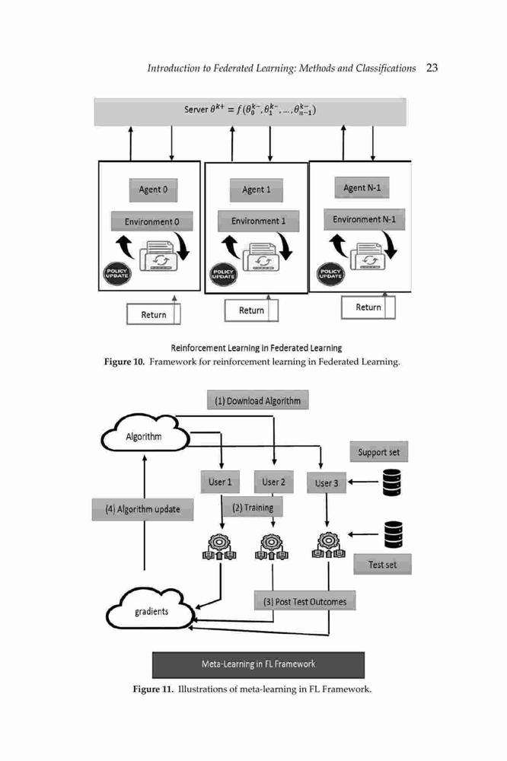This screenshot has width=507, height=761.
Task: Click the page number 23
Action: (x=432, y=68)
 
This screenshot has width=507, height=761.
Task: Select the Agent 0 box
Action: (x=154, y=189)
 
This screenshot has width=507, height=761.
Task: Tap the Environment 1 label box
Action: (x=258, y=221)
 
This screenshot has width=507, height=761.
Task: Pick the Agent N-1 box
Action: (x=362, y=188)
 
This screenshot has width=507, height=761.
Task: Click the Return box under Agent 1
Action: (x=251, y=310)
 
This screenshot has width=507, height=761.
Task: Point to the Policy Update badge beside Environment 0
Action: (x=116, y=273)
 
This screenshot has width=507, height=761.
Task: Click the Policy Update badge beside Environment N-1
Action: (x=330, y=273)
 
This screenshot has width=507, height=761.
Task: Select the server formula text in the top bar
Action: (x=250, y=110)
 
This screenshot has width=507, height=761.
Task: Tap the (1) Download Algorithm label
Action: (x=258, y=400)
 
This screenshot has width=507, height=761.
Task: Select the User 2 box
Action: (x=274, y=482)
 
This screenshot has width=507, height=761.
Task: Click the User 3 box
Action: (x=327, y=483)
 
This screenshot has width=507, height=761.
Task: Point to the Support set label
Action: (x=379, y=452)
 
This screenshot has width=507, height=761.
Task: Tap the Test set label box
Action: (x=382, y=565)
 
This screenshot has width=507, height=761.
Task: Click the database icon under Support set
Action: (x=392, y=482)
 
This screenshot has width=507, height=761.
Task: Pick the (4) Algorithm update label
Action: (x=142, y=509)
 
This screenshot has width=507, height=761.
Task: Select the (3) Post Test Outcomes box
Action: (x=305, y=601)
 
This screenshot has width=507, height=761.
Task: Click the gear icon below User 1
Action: (x=219, y=546)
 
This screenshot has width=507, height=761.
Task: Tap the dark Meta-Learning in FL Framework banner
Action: (x=258, y=664)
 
